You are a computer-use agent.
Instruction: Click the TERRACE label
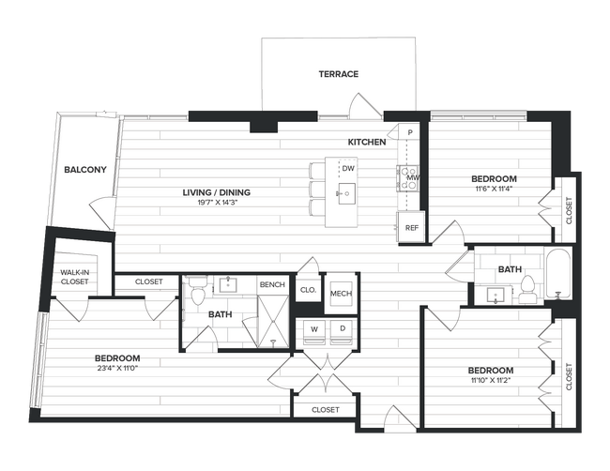click(x=338, y=74)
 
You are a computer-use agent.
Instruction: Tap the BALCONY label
click(x=84, y=170)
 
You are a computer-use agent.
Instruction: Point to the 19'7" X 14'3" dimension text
click(x=216, y=204)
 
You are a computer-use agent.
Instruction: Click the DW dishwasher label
click(x=347, y=169)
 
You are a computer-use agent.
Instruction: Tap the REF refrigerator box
click(x=411, y=228)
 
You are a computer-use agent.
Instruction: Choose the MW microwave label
click(x=412, y=176)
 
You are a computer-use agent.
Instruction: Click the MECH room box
click(x=340, y=295)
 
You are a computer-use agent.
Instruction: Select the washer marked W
click(x=311, y=329)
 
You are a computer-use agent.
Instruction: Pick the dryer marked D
click(x=342, y=329)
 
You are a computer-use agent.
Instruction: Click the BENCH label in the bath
click(x=272, y=285)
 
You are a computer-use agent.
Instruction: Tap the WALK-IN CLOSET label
click(x=74, y=276)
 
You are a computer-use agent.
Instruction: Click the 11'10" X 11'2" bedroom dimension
click(x=491, y=381)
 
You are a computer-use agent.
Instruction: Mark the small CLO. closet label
click(x=308, y=291)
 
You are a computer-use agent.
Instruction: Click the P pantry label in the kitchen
click(x=410, y=133)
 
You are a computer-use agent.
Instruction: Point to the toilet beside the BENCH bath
click(x=197, y=295)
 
